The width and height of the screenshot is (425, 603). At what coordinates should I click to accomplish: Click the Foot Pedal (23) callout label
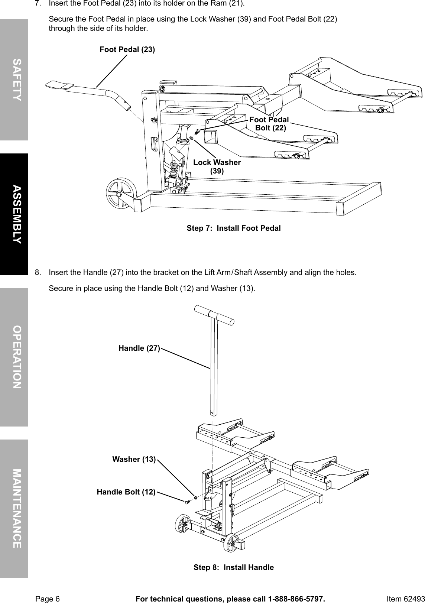tap(127, 49)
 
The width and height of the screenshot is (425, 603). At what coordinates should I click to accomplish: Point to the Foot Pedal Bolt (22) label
tap(269, 124)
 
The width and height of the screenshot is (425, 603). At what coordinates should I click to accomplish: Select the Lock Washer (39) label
tap(217, 166)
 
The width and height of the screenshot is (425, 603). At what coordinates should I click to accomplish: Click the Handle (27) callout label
tap(139, 348)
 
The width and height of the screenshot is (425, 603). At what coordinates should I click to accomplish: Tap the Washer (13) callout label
tap(134, 459)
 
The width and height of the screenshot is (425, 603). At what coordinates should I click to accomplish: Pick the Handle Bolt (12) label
tap(126, 492)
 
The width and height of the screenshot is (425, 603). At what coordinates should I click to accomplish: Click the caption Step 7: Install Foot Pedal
tap(233, 228)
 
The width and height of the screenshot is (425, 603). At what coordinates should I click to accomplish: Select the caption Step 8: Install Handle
tap(233, 567)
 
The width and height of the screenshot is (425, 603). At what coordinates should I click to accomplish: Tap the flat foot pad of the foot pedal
tap(59, 85)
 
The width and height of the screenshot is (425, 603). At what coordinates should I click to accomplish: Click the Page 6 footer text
tap(47, 599)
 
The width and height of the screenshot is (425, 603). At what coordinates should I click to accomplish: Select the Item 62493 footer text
tap(405, 599)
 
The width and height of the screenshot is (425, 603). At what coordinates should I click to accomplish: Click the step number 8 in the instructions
tap(38, 272)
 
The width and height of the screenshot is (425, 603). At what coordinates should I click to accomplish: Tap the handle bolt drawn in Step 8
tap(187, 502)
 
